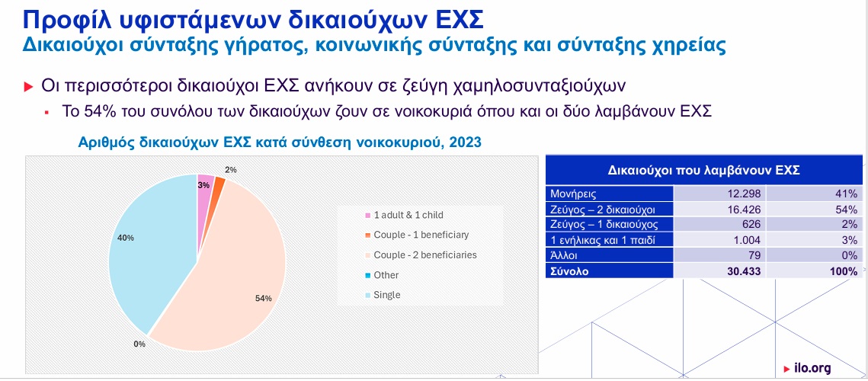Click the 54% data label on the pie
pos(264,299)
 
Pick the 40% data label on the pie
pos(126,238)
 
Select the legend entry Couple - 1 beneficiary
pos(416,235)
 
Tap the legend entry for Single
pos(383,295)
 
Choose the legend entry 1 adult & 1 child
pos(404,215)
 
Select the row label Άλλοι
pos(565,256)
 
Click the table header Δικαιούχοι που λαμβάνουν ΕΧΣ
pos(703,170)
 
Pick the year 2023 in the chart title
pos(465,142)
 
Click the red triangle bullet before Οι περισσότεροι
pos(29,87)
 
